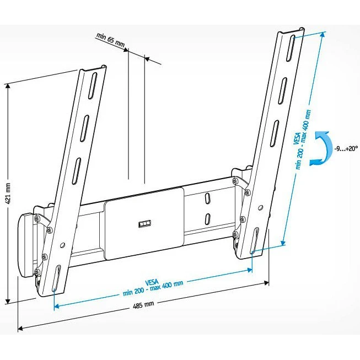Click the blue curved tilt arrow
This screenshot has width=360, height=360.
click(319, 149)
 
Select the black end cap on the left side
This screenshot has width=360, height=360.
click(26, 245)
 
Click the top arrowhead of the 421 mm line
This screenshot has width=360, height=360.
click(8, 85)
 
